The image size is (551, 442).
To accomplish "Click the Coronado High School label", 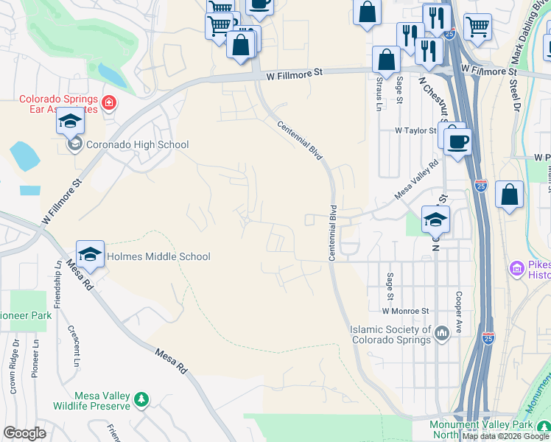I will [x=138, y=145].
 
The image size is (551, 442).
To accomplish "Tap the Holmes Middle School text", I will [x=158, y=256].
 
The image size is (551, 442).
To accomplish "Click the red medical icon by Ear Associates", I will [x=109, y=102].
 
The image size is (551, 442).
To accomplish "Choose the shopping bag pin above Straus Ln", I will [x=385, y=60].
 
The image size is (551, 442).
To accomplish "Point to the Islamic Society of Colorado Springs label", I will [x=390, y=334].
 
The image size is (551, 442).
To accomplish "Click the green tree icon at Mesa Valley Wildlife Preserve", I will [x=141, y=400].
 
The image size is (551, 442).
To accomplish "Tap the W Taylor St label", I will [x=417, y=130].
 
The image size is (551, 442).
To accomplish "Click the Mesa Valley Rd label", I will [x=416, y=180].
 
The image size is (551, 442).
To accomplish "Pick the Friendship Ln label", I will [x=57, y=284].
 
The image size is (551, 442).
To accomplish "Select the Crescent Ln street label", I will [x=73, y=345].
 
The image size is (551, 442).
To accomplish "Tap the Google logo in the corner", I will [x=24, y=433].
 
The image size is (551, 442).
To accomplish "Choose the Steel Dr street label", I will [x=515, y=96].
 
